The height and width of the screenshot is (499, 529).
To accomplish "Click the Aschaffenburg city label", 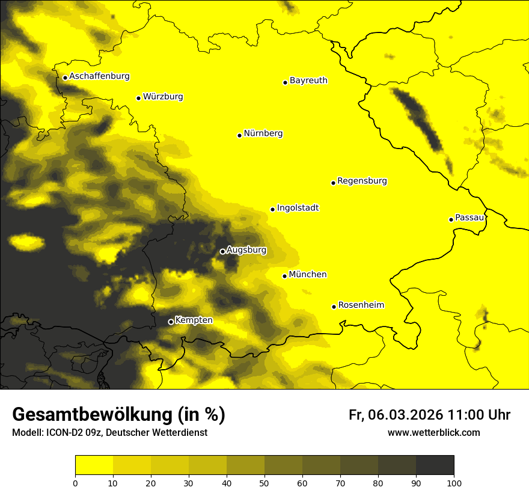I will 99,76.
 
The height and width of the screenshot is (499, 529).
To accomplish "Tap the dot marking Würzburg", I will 138,98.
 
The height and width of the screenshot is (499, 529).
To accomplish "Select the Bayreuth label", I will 308,80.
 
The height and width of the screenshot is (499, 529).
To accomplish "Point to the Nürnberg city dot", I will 239,135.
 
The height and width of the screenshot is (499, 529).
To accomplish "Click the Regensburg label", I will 362,181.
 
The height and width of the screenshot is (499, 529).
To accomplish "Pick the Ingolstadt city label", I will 298,208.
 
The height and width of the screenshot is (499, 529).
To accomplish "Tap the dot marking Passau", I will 451,219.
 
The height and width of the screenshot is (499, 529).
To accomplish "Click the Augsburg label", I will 246,250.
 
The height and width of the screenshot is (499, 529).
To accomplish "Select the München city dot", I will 284,276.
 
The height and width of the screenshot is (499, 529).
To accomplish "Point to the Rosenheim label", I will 361,305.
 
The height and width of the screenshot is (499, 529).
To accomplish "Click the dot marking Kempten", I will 171,322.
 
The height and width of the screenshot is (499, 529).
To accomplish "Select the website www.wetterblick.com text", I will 433,432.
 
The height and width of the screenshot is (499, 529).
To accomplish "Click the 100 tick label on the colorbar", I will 454,482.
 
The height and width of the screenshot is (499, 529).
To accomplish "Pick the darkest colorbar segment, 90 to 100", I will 435,465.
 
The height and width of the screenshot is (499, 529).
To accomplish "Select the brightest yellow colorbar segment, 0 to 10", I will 94,465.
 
